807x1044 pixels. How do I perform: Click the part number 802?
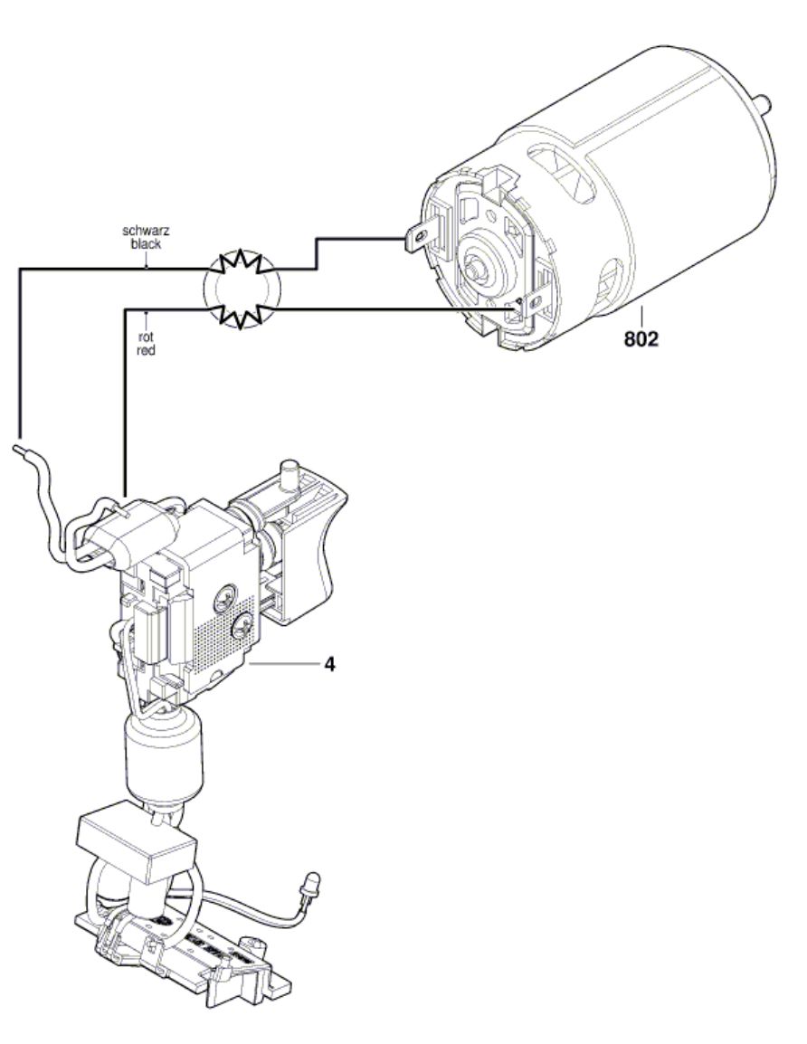tap(641, 339)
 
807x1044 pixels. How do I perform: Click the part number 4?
tap(329, 664)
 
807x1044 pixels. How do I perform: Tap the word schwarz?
tap(146, 231)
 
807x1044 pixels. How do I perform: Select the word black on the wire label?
tap(146, 244)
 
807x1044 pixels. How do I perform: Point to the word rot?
tap(146, 338)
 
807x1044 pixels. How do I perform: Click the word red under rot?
tap(146, 350)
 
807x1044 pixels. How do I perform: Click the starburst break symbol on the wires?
tap(242, 289)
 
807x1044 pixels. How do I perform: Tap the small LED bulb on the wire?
tap(311, 881)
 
